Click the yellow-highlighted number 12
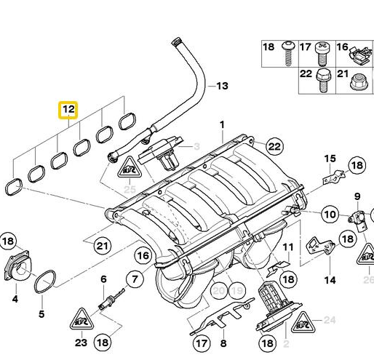(x=68, y=111)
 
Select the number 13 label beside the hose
(x=221, y=87)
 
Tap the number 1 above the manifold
(x=223, y=125)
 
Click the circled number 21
(x=103, y=245)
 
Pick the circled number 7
(x=134, y=278)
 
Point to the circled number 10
(x=329, y=214)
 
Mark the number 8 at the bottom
(x=223, y=342)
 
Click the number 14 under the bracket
(x=330, y=280)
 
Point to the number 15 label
(x=330, y=159)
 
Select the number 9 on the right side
(x=357, y=196)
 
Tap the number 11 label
(x=288, y=247)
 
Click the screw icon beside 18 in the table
(x=289, y=49)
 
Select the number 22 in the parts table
(x=306, y=74)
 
